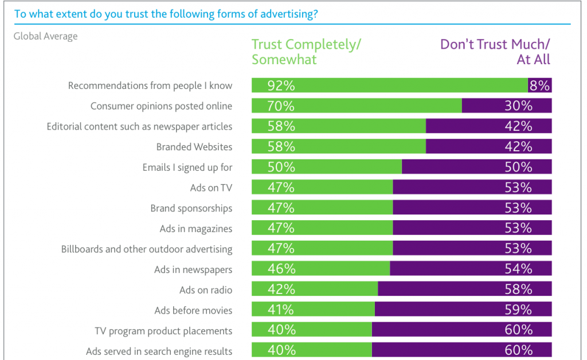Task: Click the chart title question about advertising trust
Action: (x=166, y=14)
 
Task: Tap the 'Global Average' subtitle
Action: (x=45, y=36)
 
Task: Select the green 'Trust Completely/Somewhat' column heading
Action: (x=307, y=52)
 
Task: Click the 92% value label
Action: (x=281, y=85)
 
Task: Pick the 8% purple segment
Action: (x=540, y=85)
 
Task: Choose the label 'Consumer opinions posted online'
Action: (x=161, y=106)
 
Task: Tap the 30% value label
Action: (x=518, y=106)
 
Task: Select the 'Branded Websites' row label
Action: (x=194, y=147)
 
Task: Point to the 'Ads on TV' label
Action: (x=211, y=187)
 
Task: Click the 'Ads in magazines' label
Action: (x=196, y=228)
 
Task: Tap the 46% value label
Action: (x=281, y=269)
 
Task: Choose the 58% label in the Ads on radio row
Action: (x=518, y=289)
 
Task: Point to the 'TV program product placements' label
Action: (x=163, y=331)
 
